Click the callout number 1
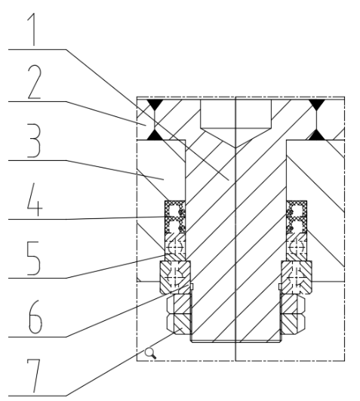pos(32,29)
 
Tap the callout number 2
pos(35,82)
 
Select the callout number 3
pos(34,140)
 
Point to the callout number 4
pos(35,199)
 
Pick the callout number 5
pos(34,258)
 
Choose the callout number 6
pos(35,317)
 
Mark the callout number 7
pos(34,376)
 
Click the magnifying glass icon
pos(150,353)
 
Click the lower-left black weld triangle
pos(155,135)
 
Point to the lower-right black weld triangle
pos(317,135)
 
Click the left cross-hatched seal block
pos(175,217)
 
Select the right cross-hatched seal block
pos(297,217)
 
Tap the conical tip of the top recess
pos(235,147)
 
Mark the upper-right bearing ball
pos(297,247)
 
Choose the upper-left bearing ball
pos(175,247)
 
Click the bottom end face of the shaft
pos(235,341)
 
